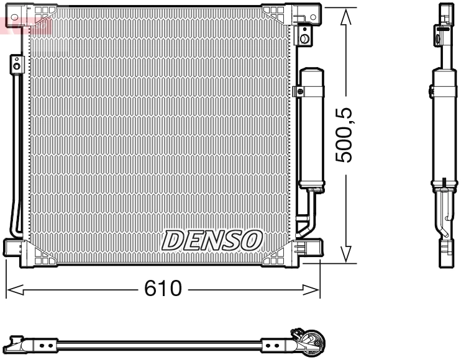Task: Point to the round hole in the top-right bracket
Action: click(x=304, y=38)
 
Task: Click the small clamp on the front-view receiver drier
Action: click(x=300, y=92)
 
